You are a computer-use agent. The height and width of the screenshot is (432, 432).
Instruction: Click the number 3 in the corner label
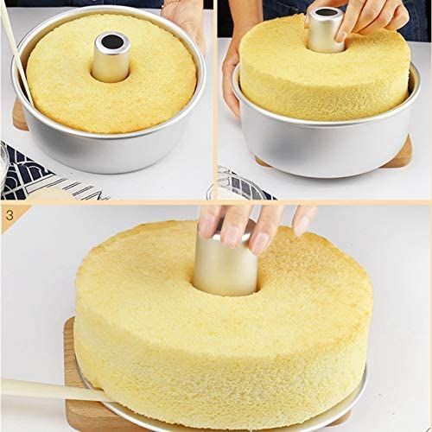10,215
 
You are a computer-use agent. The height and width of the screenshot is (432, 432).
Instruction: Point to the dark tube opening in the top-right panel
326,13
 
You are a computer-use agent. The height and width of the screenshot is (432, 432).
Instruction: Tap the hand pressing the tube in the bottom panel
253,227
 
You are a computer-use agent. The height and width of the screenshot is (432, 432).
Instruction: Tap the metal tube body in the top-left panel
111,62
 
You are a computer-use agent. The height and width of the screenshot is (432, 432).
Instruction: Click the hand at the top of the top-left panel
184,20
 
